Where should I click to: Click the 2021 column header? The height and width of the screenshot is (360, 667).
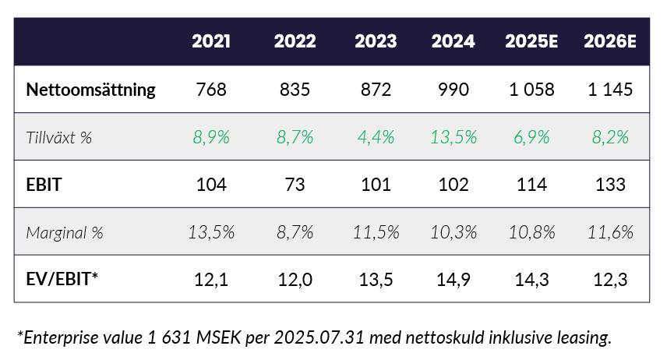(x=212, y=42)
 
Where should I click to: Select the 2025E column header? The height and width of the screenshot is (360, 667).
(x=529, y=42)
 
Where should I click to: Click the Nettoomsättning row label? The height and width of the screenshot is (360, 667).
(x=91, y=90)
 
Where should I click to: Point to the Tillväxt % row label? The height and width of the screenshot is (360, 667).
(x=59, y=137)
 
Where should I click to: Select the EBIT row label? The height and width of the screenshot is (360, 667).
(x=44, y=185)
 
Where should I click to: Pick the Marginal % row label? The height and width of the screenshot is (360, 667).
(x=65, y=232)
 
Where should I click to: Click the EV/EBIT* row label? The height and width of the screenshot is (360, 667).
(x=62, y=278)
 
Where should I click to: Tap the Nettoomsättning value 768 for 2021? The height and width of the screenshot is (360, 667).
(x=212, y=90)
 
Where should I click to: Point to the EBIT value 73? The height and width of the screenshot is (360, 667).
(x=295, y=185)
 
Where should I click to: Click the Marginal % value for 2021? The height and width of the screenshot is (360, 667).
(x=212, y=232)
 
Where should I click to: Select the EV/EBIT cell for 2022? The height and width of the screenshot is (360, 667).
(x=295, y=278)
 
